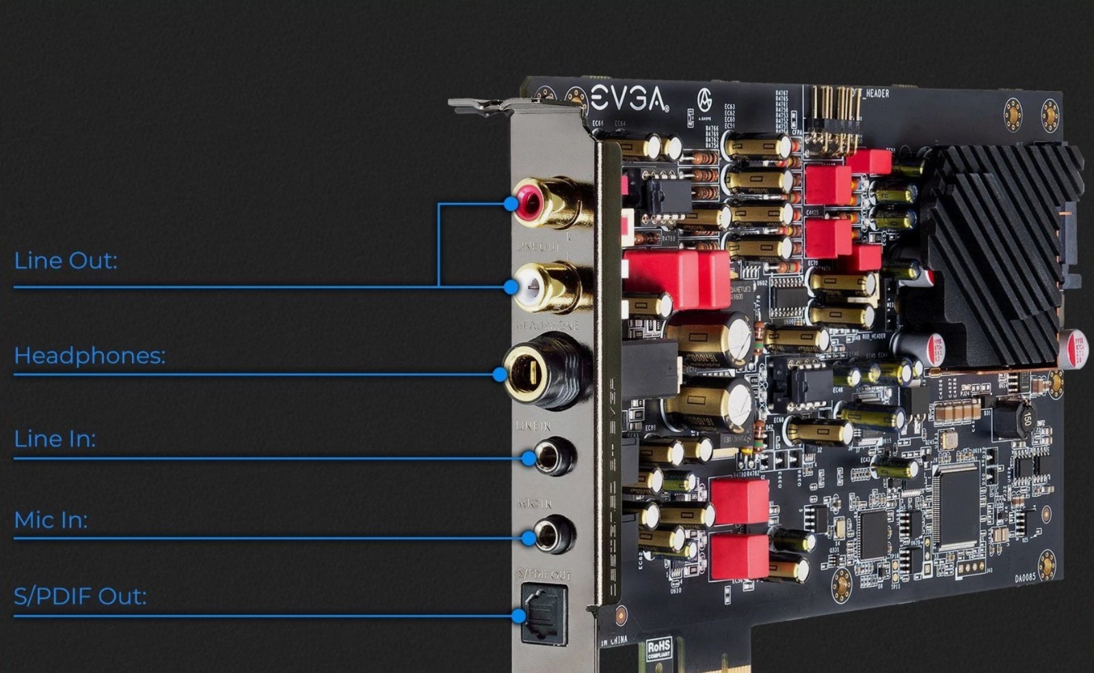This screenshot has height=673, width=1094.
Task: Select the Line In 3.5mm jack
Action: point(550,456)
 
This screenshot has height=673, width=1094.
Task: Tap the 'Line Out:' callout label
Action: point(66,260)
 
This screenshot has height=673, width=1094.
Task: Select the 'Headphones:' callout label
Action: point(90,355)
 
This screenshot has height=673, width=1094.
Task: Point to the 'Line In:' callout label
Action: point(55,439)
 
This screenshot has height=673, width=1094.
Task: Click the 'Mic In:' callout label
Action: point(51,520)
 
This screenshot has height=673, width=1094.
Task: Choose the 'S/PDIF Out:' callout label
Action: point(80,596)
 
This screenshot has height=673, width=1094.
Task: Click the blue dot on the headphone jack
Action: point(500,374)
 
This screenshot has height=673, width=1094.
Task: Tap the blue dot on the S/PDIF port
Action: point(518,616)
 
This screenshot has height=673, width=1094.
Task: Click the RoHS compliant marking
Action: point(658,648)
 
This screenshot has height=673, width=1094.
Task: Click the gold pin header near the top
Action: point(834,120)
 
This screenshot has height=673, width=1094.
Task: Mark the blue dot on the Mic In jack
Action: point(528,538)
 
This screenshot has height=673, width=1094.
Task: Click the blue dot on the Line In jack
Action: point(528,458)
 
